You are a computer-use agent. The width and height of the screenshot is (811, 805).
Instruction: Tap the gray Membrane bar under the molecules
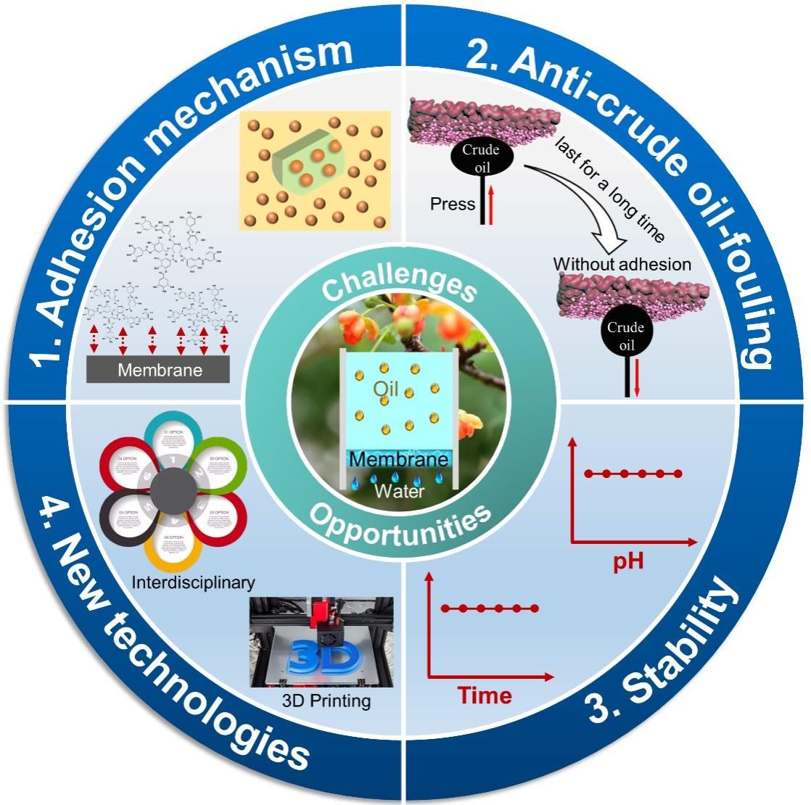tap(158, 370)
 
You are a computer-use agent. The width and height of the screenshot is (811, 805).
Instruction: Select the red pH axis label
tap(628, 562)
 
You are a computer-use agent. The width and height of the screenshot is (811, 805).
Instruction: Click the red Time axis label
tap(485, 695)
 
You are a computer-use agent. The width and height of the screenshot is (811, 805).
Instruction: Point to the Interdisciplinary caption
tap(193, 582)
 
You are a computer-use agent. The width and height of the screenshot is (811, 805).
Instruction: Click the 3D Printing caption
tap(326, 701)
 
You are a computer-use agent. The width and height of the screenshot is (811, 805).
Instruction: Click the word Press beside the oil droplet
tap(453, 204)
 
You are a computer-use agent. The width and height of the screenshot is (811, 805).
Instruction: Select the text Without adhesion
tap(622, 264)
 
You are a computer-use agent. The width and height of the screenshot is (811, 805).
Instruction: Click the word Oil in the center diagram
tap(387, 389)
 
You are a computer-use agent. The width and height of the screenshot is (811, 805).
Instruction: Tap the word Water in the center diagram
tap(399, 491)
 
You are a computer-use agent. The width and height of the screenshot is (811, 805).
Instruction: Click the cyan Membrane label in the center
tap(399, 461)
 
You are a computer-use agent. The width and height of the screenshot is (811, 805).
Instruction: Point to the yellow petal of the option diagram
tap(172, 553)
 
